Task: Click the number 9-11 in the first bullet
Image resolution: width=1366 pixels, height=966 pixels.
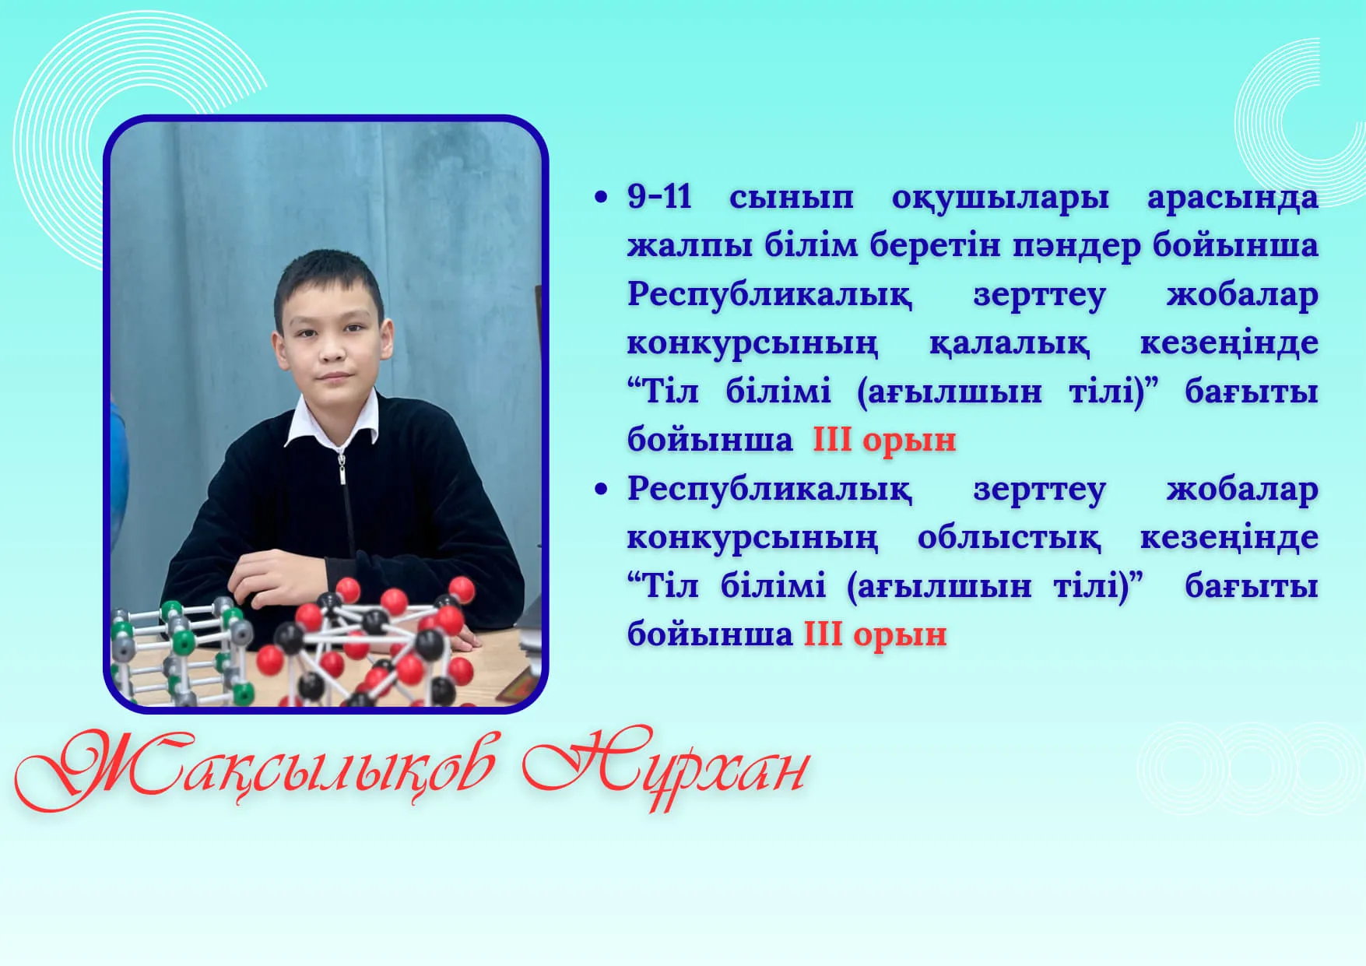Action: [659, 196]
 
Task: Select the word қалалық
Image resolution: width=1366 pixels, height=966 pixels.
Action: [1009, 344]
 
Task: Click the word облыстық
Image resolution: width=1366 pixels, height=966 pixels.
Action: [1009, 537]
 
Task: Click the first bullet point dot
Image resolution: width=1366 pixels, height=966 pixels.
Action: [600, 198]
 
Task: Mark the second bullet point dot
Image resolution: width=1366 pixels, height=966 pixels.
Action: [600, 490]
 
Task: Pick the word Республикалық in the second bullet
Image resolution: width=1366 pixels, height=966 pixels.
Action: [769, 490]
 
